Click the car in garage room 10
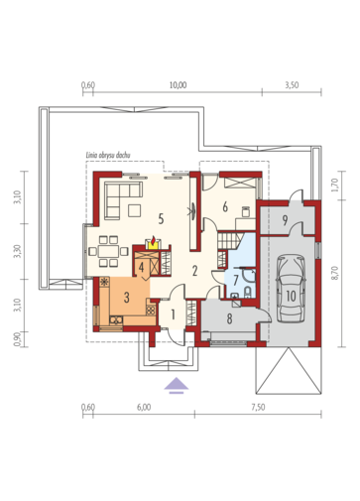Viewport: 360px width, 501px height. coord(291,288)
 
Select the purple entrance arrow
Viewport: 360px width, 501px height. coord(177,386)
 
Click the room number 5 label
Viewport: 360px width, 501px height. coord(161,219)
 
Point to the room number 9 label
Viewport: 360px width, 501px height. coord(285,220)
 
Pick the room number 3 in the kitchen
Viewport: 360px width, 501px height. coord(127,298)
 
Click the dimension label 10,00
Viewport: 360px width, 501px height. coord(179,85)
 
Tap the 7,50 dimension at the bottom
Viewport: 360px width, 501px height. coord(258,407)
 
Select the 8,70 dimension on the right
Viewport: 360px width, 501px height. coord(335,273)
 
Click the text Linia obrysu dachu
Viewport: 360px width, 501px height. coord(108,155)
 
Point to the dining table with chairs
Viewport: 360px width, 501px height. coord(108,251)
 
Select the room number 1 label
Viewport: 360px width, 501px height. coord(173,314)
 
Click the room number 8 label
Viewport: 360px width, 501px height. coord(229,318)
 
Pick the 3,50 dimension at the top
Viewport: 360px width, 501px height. coord(292,85)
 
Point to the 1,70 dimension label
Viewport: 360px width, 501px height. coord(335,186)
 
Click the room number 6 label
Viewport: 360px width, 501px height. coord(225,207)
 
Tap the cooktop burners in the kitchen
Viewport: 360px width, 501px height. coord(151,310)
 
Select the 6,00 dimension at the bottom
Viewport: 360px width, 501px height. coord(144,407)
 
